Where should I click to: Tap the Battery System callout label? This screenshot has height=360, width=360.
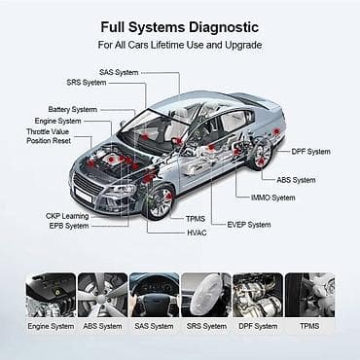74,109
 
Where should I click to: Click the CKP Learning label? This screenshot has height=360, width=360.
68,215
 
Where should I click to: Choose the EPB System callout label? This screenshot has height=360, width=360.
69,226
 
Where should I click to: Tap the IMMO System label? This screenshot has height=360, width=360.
272,198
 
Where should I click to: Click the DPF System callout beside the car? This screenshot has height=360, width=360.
310,151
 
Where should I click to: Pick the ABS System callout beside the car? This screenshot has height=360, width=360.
297,180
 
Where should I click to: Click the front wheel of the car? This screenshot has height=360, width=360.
157,199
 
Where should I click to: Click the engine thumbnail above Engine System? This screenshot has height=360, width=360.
50,294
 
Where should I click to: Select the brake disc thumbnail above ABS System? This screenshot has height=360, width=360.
102,294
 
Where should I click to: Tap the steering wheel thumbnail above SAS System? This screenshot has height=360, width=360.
154,294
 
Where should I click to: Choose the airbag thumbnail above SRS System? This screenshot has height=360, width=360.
205,294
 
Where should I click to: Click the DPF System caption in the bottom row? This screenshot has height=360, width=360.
258,326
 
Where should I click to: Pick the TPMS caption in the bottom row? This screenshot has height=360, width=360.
309,326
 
